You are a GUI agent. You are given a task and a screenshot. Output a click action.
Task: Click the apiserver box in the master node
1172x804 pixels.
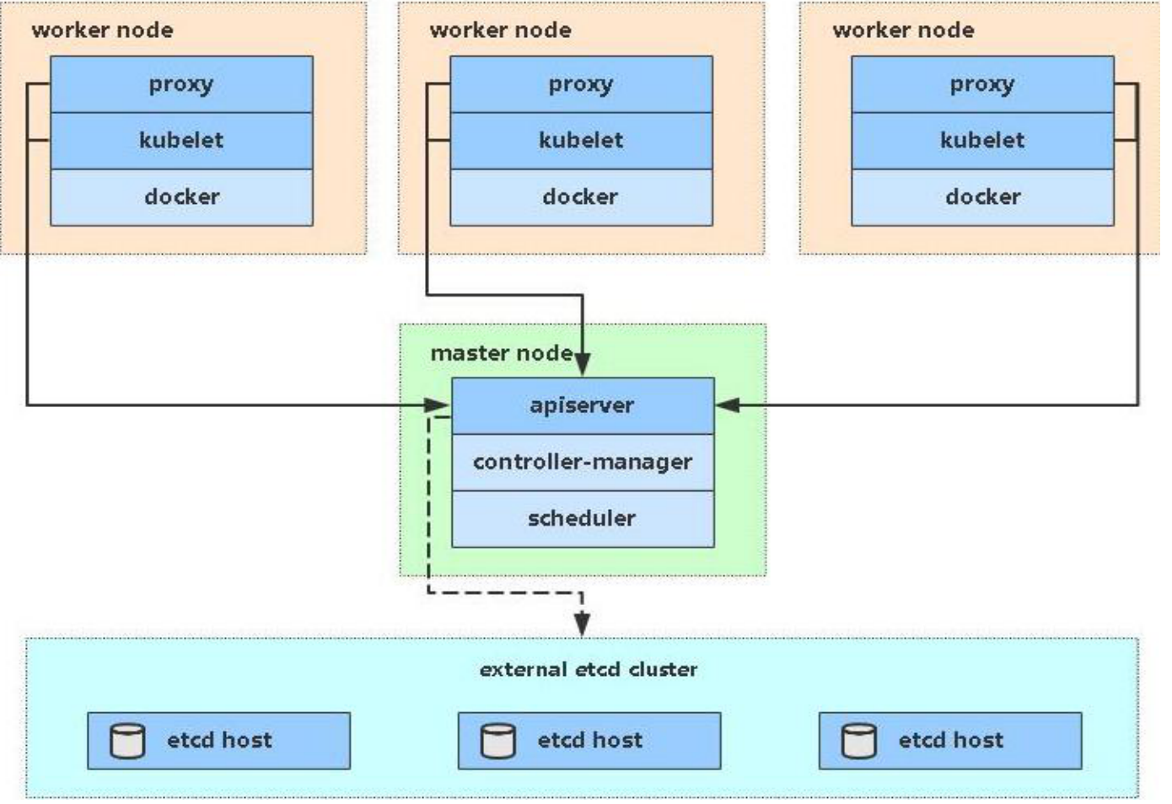click(583, 405)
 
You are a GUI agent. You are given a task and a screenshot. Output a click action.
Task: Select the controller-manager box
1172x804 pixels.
click(583, 462)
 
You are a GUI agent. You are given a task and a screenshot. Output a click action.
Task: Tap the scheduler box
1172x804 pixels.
click(583, 518)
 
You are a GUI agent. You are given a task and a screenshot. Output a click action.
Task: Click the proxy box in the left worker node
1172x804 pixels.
click(181, 84)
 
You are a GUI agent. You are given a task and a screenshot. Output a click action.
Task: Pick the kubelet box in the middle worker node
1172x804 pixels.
click(581, 140)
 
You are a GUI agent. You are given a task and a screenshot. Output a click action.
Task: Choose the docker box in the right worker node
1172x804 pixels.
click(982, 197)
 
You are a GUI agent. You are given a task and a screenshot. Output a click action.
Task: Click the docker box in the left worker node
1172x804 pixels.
click(181, 197)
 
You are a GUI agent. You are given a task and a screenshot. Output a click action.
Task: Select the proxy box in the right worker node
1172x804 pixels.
click(982, 84)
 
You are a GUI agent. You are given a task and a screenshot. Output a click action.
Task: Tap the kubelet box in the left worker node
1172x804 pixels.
click(181, 140)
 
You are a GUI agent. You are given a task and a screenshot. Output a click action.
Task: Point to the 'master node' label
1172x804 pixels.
click(502, 353)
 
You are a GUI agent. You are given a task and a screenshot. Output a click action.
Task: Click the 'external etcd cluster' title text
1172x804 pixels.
click(589, 670)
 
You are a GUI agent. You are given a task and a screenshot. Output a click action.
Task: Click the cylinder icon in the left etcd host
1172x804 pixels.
click(128, 741)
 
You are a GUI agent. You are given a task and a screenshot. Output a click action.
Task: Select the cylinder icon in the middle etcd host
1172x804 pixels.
click(498, 741)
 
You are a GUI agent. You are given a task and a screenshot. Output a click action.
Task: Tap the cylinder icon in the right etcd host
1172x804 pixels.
click(859, 741)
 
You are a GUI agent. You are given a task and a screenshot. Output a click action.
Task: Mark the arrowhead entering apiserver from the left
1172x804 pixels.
click(437, 405)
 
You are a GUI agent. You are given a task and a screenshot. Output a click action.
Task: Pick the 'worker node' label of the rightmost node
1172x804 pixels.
click(903, 30)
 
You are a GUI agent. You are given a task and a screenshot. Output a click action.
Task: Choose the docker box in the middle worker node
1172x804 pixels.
click(581, 197)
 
